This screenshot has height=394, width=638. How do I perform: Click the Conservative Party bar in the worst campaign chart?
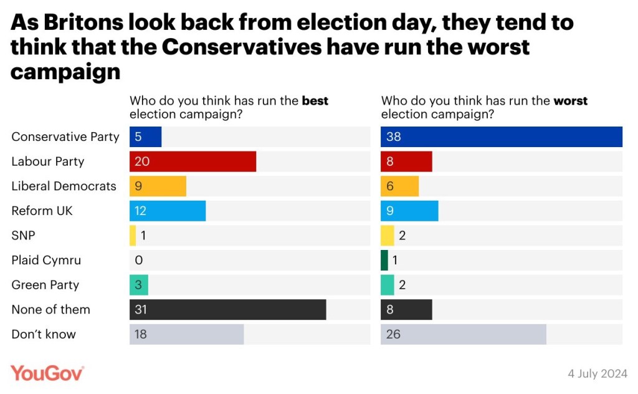502,137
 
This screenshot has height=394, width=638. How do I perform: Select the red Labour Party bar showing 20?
193,161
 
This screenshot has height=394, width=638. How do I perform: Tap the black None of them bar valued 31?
228,309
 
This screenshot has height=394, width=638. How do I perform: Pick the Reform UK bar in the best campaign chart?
168,211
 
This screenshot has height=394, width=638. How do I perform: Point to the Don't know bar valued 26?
464,334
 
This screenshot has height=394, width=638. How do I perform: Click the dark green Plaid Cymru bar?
384,260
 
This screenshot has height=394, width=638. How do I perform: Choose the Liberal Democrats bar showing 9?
158,186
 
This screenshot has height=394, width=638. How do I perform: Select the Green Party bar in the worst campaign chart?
388,285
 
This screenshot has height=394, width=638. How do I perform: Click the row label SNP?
24,236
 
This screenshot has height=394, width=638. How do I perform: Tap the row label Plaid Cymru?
46,260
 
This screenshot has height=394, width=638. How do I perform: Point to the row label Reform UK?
42,211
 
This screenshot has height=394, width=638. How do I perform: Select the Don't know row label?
44,334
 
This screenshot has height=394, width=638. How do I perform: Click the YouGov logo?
47,373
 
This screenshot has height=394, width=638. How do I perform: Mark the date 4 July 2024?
598,373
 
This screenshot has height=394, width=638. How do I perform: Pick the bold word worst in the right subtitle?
570,101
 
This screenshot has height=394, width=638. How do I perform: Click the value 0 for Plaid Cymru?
138,260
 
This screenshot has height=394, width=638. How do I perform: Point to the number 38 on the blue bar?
393,137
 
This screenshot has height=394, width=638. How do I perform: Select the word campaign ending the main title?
65,72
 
